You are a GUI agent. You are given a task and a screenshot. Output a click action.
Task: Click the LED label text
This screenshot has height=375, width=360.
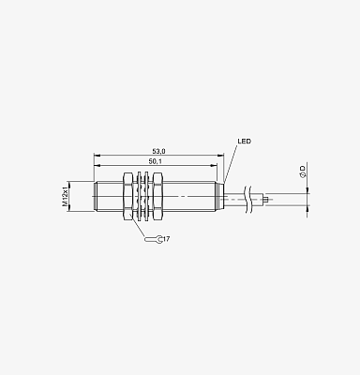(244, 142)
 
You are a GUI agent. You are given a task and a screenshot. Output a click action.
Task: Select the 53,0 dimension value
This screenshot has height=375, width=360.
(158, 151)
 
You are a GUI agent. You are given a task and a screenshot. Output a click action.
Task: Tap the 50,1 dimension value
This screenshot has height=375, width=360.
(155, 161)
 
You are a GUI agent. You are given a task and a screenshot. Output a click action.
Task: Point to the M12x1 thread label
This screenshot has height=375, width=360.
(65, 197)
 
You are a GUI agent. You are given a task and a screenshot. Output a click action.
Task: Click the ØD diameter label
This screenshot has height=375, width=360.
(303, 172)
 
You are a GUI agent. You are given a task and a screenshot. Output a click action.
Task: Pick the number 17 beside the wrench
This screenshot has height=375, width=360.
(166, 239)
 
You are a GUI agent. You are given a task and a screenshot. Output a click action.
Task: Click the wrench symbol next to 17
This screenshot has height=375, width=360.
(154, 239)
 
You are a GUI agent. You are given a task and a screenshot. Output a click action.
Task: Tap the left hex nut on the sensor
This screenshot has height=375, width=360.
(128, 197)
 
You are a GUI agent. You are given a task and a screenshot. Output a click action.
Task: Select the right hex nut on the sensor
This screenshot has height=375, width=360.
(157, 197)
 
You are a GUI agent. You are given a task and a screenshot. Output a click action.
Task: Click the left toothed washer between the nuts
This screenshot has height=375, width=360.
(139, 197)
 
